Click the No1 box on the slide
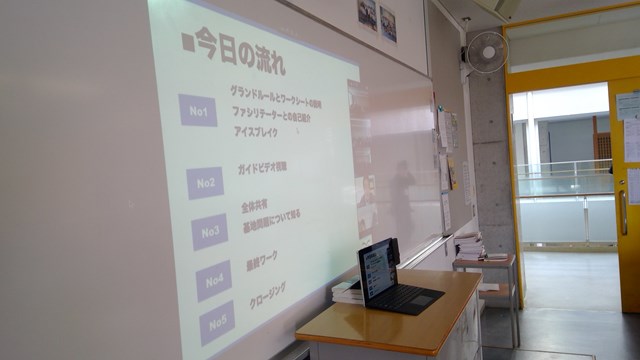(197, 110)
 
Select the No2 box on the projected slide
(205, 183)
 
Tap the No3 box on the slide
(210, 232)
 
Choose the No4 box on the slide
(214, 281)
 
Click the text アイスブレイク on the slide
(254, 131)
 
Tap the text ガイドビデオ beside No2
(263, 167)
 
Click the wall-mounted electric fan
(487, 52)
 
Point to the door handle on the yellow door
(623, 211)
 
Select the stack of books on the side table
(469, 246)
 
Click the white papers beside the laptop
(346, 291)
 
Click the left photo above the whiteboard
(366, 13)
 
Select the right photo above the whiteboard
(388, 23)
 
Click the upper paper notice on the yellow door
(629, 106)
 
